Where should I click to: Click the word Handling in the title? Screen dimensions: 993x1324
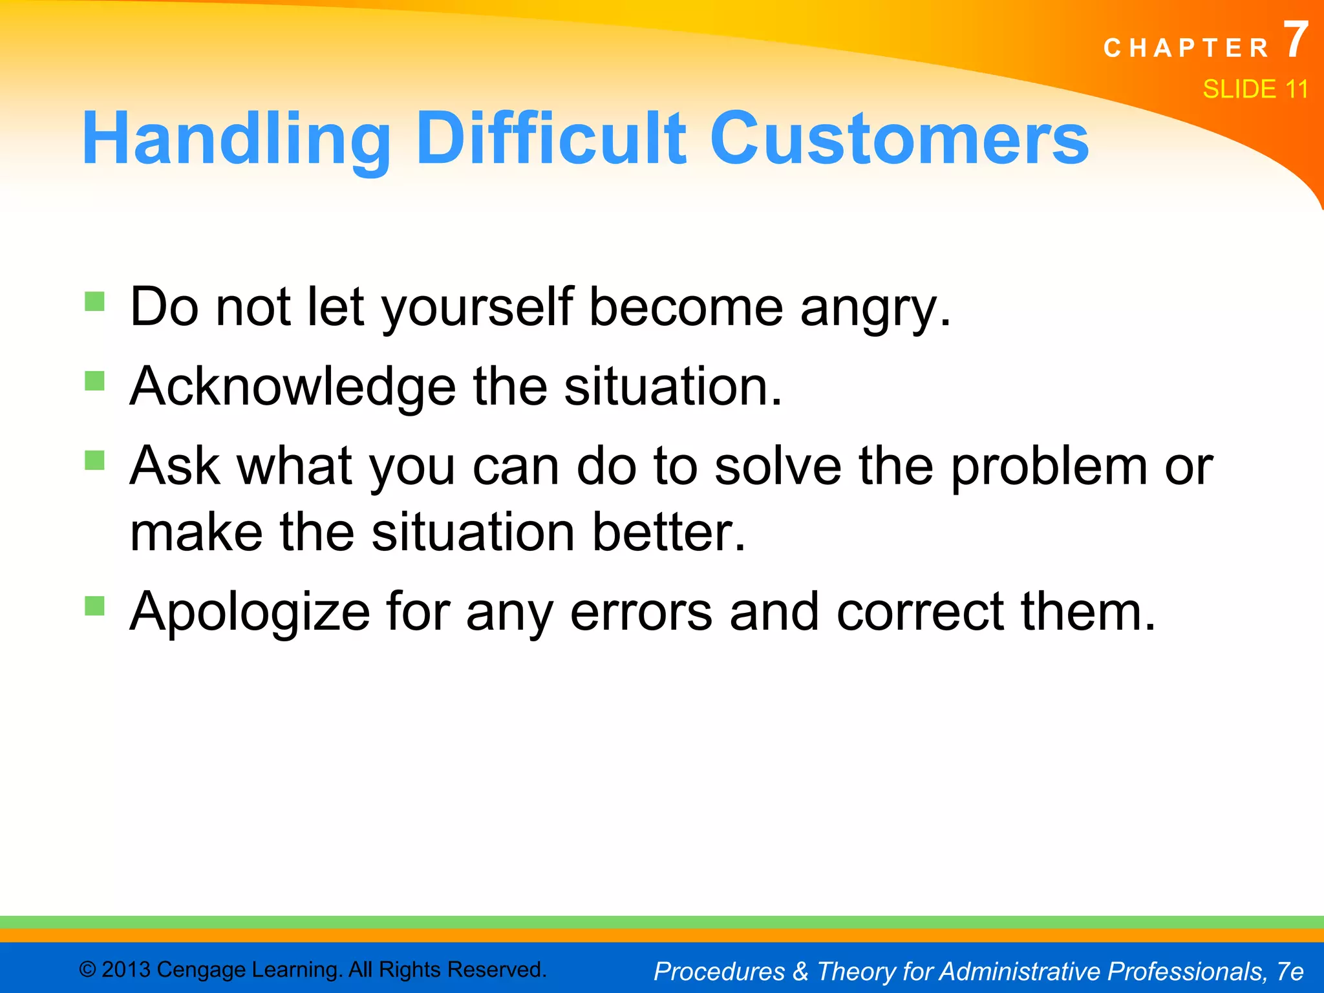[x=236, y=139]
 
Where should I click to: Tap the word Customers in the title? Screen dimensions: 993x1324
[x=899, y=139]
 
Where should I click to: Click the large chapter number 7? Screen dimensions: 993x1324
[x=1295, y=40]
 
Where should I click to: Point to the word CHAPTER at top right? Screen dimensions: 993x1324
[x=1186, y=48]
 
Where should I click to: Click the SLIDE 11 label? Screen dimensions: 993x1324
[x=1255, y=89]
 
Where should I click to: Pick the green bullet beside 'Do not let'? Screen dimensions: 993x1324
[x=94, y=302]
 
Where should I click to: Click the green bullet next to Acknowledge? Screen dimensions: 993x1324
[x=94, y=381]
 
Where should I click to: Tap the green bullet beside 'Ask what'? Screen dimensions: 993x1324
[x=94, y=460]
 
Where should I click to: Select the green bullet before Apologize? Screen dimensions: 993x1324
[x=94, y=606]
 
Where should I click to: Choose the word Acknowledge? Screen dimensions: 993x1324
[x=293, y=387]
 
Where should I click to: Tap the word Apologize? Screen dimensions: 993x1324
[x=250, y=612]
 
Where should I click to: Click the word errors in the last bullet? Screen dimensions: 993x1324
[x=641, y=612]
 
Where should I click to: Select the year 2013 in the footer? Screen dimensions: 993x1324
[x=126, y=970]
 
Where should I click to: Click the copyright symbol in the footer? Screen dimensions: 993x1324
[x=88, y=970]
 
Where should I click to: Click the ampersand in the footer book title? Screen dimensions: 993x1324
[x=800, y=971]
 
